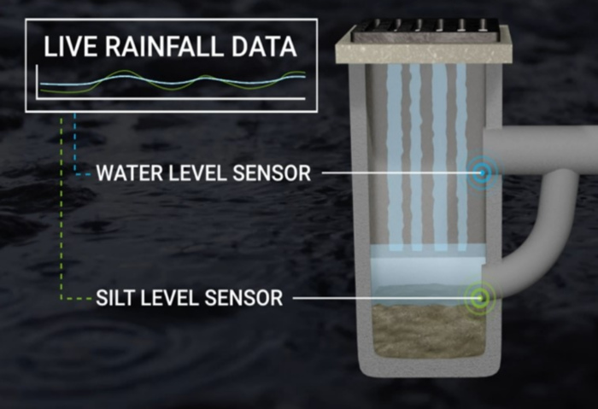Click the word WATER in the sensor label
click(x=129, y=173)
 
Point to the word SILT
click(x=114, y=297)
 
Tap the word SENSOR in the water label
click(x=272, y=173)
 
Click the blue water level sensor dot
click(x=483, y=173)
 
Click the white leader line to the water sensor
click(x=401, y=173)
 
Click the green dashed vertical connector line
click(x=61, y=207)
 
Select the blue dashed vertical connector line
click(x=74, y=143)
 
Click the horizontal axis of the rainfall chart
click(x=171, y=99)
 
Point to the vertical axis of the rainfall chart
click(x=37, y=82)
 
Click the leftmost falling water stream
click(x=395, y=156)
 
